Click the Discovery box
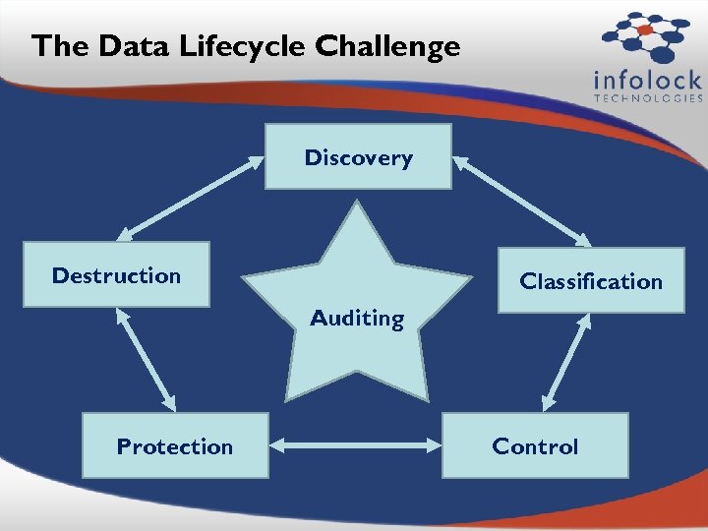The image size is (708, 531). point(358,156)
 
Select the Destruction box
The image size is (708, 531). point(116,274)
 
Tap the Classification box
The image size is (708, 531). point(590,281)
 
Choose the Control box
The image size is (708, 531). point(535,445)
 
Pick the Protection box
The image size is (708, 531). point(174,445)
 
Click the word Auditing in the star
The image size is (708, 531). point(357,318)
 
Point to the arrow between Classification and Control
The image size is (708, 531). point(563,362)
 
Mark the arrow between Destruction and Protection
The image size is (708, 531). point(146,359)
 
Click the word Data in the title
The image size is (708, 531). point(121,46)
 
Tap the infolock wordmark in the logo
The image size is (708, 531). point(648,80)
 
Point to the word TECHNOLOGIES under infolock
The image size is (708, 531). point(648,98)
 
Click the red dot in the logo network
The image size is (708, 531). point(645,30)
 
